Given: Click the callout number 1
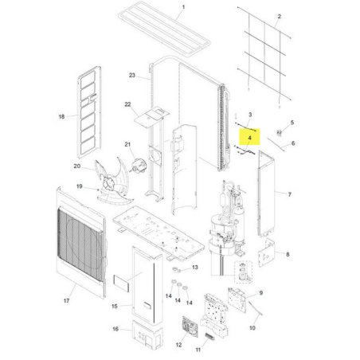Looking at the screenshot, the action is point(183,7).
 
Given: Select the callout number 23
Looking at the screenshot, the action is point(132,75).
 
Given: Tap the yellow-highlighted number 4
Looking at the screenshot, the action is point(249,138).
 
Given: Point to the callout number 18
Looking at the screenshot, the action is point(61,116).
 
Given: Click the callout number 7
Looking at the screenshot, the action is point(290,194).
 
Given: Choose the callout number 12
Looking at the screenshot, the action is point(178,345).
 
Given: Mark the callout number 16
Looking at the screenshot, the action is point(115,329).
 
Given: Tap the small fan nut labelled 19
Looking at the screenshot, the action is point(99,190).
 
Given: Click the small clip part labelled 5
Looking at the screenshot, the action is point(279,133).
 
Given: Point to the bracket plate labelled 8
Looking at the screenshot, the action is point(266,252).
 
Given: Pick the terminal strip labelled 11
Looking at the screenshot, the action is point(209,338).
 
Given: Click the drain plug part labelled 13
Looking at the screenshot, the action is point(176,270).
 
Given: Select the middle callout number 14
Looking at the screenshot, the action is point(178,300).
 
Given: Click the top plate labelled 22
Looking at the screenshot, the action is point(151,116).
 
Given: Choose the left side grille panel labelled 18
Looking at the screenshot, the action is point(89,112).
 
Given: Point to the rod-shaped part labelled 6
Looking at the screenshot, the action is point(276,144).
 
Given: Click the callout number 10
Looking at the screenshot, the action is point(252,328).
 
